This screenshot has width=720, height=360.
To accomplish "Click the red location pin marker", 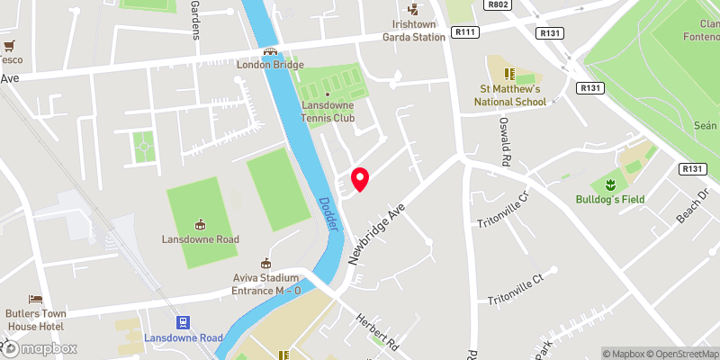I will pos(360,178).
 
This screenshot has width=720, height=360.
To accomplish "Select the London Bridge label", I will pos(270,65).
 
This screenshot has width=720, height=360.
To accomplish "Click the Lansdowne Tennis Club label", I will pos(328,112).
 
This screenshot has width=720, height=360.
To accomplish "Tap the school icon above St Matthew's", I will pos(510,73).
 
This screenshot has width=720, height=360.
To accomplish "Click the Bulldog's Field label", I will pos(611,199).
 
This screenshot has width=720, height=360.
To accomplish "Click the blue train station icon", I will pos(184,322).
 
